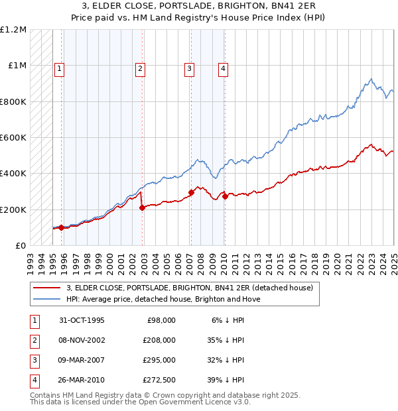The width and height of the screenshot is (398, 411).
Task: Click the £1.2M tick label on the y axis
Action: click(14, 29)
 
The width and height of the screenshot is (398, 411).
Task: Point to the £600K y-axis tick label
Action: click(13, 138)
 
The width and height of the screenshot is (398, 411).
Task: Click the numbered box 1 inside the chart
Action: click(59, 68)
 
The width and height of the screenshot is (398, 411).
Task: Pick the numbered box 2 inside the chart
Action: click(141, 68)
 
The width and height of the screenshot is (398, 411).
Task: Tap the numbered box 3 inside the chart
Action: click(189, 68)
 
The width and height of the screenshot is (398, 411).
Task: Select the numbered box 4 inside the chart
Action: click(224, 68)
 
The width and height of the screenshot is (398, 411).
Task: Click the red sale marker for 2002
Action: click(142, 208)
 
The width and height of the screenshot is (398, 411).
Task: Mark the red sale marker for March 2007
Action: click(191, 192)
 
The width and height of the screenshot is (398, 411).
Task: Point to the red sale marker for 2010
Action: click(225, 196)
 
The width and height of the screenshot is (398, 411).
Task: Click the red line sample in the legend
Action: click(46, 288)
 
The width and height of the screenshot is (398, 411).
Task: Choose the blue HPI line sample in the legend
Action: click(46, 299)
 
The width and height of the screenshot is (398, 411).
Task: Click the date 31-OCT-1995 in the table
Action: click(82, 320)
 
